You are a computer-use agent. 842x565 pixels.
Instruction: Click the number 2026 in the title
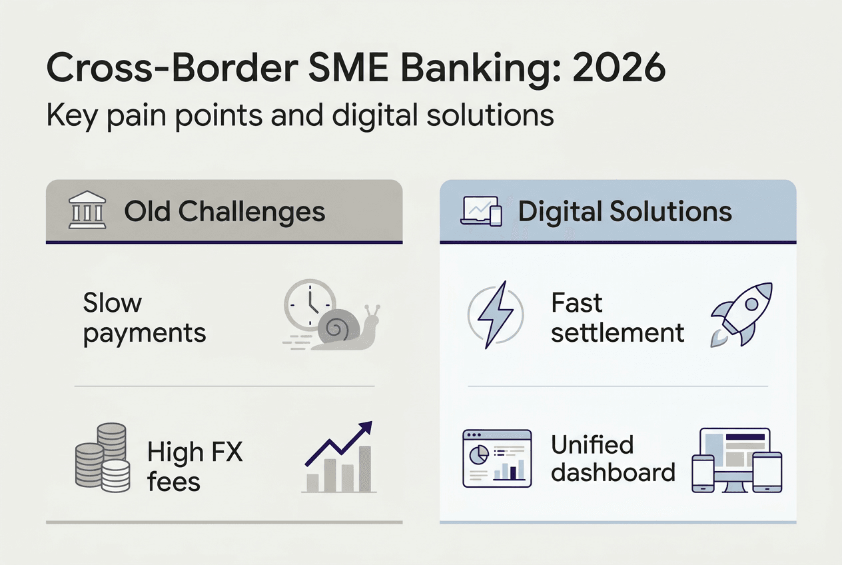[619, 68]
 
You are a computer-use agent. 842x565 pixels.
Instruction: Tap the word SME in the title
[348, 68]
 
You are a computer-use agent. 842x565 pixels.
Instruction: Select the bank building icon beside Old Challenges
[87, 210]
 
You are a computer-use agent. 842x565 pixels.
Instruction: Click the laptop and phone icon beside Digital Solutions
[482, 211]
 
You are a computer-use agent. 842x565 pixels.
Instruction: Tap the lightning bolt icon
[495, 314]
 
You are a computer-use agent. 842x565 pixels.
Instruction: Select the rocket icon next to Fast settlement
[741, 314]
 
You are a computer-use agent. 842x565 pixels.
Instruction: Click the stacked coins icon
[103, 458]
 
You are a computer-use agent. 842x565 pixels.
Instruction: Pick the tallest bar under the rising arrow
[364, 469]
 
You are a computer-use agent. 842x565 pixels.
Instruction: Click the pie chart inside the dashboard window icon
[479, 455]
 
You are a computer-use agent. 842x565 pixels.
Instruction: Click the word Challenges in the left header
[252, 212]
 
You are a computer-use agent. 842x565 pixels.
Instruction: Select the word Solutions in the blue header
[671, 211]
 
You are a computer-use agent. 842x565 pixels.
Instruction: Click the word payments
[145, 333]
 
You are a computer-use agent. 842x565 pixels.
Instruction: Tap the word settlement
[618, 332]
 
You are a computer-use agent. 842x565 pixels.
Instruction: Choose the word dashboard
[613, 472]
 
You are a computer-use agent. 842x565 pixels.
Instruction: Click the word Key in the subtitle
[72, 116]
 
